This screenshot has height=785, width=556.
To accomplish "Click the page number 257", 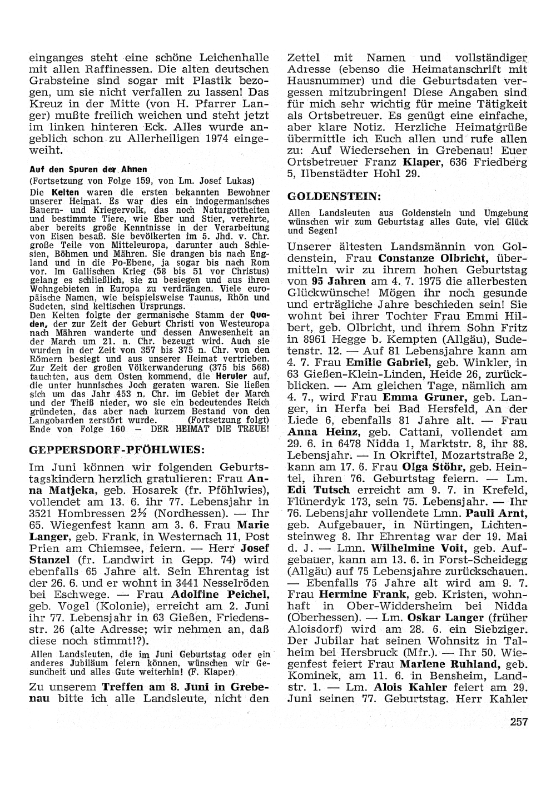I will click(517, 722).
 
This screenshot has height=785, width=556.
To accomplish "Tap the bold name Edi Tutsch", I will click(319, 490).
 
